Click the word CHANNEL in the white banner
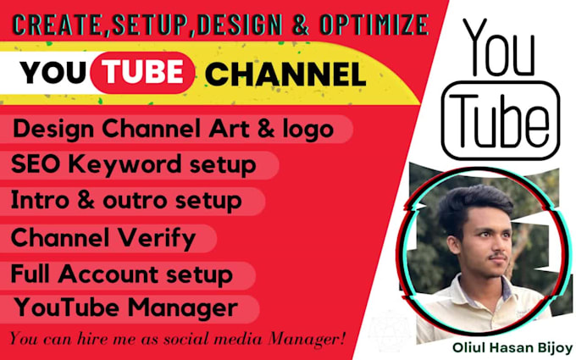coord(285,75)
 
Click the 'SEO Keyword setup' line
coord(133,164)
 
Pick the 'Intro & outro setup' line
coord(126,201)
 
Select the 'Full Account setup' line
coord(121,274)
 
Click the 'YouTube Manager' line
coord(124,305)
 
